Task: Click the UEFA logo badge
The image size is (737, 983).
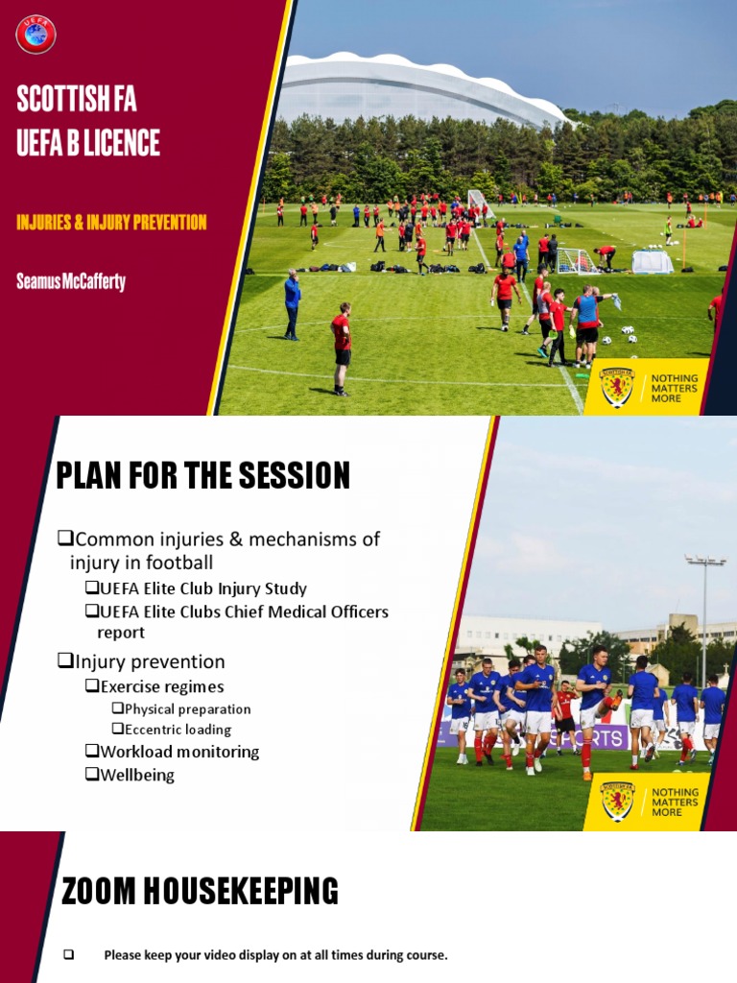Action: (x=36, y=35)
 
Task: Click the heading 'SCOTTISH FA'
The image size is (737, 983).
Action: (x=77, y=99)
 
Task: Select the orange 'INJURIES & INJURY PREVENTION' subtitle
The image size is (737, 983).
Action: (x=111, y=223)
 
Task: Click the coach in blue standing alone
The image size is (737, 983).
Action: (x=292, y=303)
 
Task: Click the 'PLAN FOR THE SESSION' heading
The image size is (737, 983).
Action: (x=202, y=476)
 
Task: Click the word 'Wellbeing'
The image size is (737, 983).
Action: (x=137, y=775)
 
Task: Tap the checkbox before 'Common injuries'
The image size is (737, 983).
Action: (x=65, y=539)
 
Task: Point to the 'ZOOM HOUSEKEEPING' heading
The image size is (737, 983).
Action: (x=200, y=892)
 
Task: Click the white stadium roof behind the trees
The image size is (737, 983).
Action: (x=413, y=86)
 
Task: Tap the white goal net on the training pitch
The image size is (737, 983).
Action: (x=576, y=260)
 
